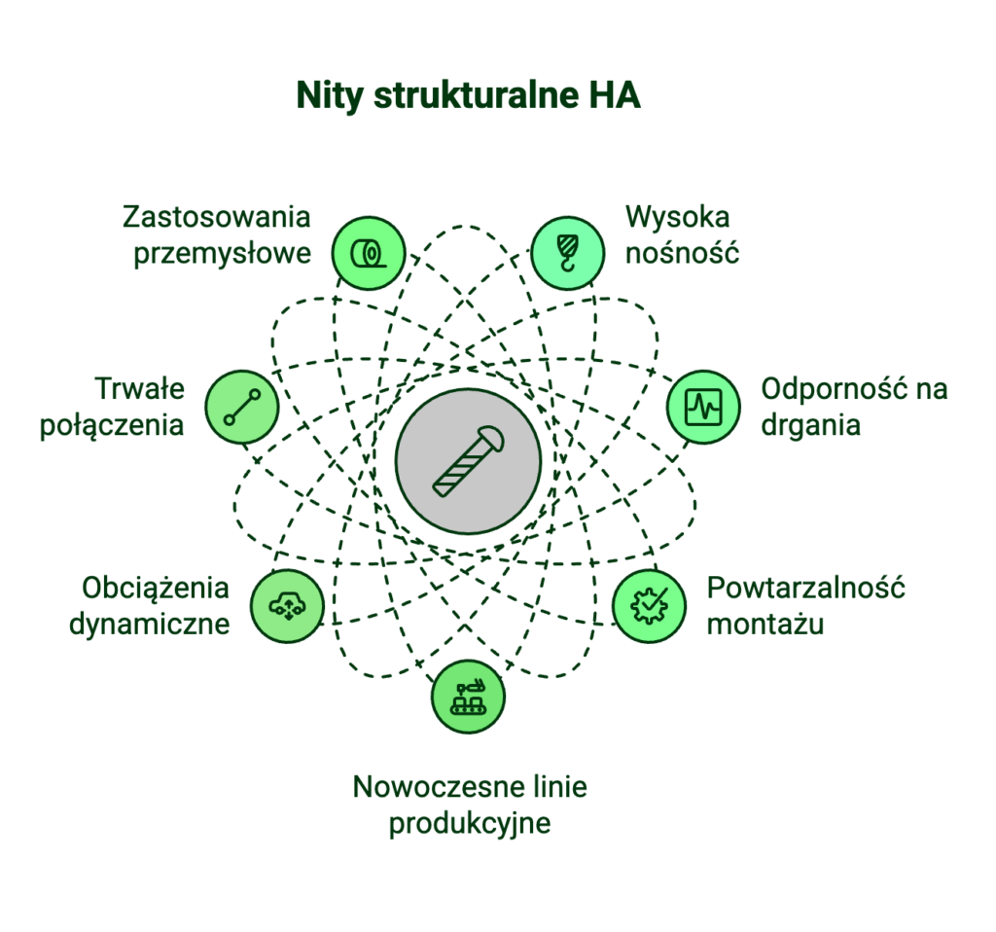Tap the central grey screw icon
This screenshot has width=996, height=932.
(469, 461)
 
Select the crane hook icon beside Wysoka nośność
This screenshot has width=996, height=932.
(566, 254)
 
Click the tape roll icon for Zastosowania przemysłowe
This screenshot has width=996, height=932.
(368, 254)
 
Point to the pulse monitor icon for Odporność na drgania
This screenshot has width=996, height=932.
(703, 407)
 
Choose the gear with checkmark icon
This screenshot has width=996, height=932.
(648, 604)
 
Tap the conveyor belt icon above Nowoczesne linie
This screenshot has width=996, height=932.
(468, 697)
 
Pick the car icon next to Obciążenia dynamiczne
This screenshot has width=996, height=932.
(287, 606)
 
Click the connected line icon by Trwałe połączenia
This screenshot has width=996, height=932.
(242, 407)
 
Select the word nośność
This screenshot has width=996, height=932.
(683, 253)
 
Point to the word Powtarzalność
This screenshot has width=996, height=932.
(806, 589)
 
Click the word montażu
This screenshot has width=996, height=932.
(765, 624)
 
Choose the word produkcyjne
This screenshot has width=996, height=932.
(470, 824)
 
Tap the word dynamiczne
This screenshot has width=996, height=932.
(150, 623)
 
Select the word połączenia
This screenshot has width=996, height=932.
(112, 426)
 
